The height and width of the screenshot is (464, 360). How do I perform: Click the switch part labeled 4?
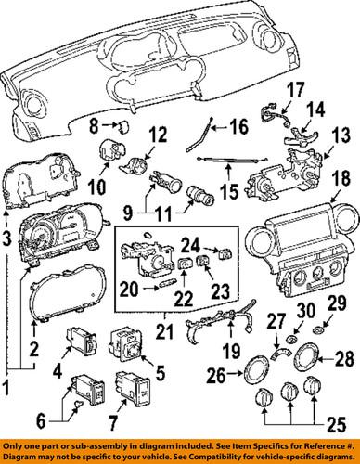83,341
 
